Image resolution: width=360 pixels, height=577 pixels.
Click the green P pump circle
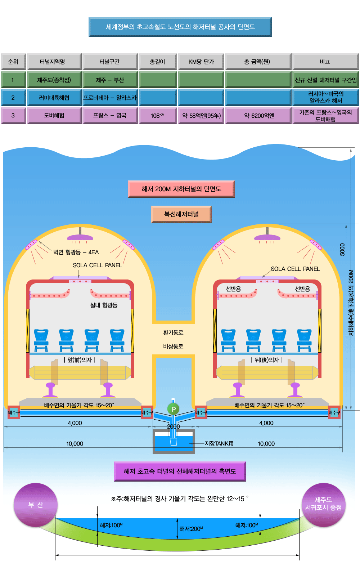point(174,409)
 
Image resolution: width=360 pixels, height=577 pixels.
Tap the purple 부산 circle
point(35,505)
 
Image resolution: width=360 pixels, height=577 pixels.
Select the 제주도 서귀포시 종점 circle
point(323,504)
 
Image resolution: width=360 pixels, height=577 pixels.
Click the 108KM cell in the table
point(157,116)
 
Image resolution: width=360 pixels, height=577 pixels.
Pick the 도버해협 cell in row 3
point(54,116)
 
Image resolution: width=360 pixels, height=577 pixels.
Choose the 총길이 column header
point(157,62)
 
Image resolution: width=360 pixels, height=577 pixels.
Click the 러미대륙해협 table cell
point(54,98)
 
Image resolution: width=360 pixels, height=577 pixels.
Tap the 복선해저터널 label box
point(181,214)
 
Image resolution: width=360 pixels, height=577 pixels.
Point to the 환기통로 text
point(173,332)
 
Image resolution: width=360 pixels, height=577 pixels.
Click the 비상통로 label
point(173,346)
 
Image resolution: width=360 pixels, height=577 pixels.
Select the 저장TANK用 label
point(219,444)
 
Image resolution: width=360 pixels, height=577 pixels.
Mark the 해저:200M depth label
point(191,529)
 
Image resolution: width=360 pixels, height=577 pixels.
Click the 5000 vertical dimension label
point(342,250)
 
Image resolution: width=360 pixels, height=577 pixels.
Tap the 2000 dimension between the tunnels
point(174,427)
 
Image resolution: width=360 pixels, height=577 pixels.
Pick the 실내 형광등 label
point(104,305)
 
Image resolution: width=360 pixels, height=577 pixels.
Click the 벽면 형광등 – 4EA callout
point(76,252)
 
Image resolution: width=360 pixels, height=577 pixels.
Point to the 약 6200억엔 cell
point(259,116)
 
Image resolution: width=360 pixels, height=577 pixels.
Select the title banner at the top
point(180,27)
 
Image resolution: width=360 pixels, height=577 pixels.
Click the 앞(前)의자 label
point(80,360)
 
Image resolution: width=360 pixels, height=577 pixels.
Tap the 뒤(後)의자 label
point(267,360)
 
